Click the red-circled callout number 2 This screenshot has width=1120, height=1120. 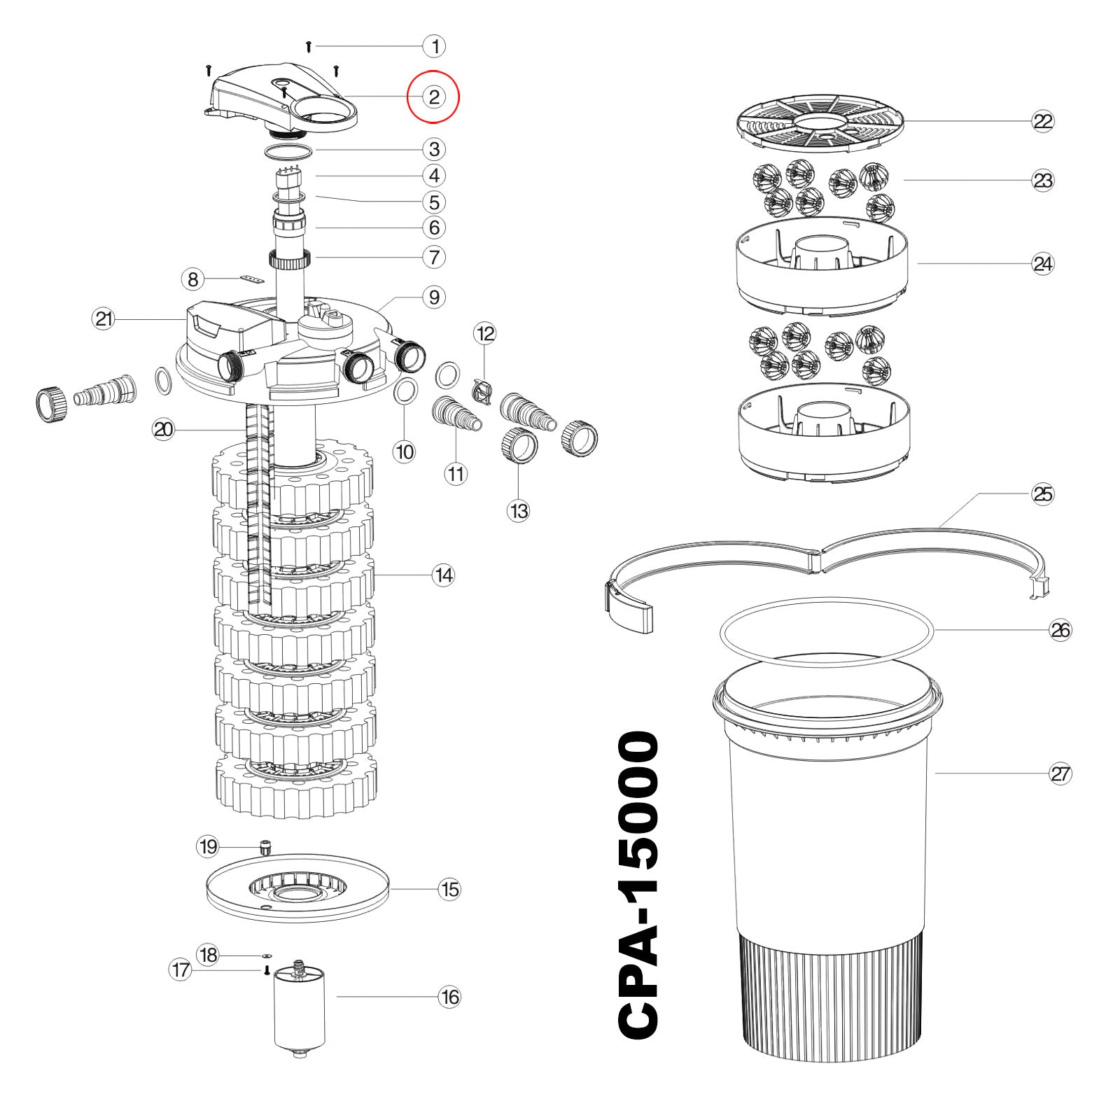[x=433, y=97]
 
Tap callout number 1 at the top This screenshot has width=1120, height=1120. [x=435, y=47]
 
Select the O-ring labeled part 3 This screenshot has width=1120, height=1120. [x=288, y=151]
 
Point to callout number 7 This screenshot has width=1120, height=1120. [x=434, y=257]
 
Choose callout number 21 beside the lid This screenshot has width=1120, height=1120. [x=104, y=319]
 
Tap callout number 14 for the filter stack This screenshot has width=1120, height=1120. [x=444, y=575]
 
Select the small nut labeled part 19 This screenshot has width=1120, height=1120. [x=265, y=848]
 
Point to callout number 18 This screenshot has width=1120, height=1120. [x=208, y=955]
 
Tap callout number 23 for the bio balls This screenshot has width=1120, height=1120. [x=1042, y=181]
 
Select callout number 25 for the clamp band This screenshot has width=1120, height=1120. [x=1042, y=494]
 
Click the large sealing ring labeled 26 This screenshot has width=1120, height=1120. [x=827, y=631]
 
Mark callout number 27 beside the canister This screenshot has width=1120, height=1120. [x=1060, y=773]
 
